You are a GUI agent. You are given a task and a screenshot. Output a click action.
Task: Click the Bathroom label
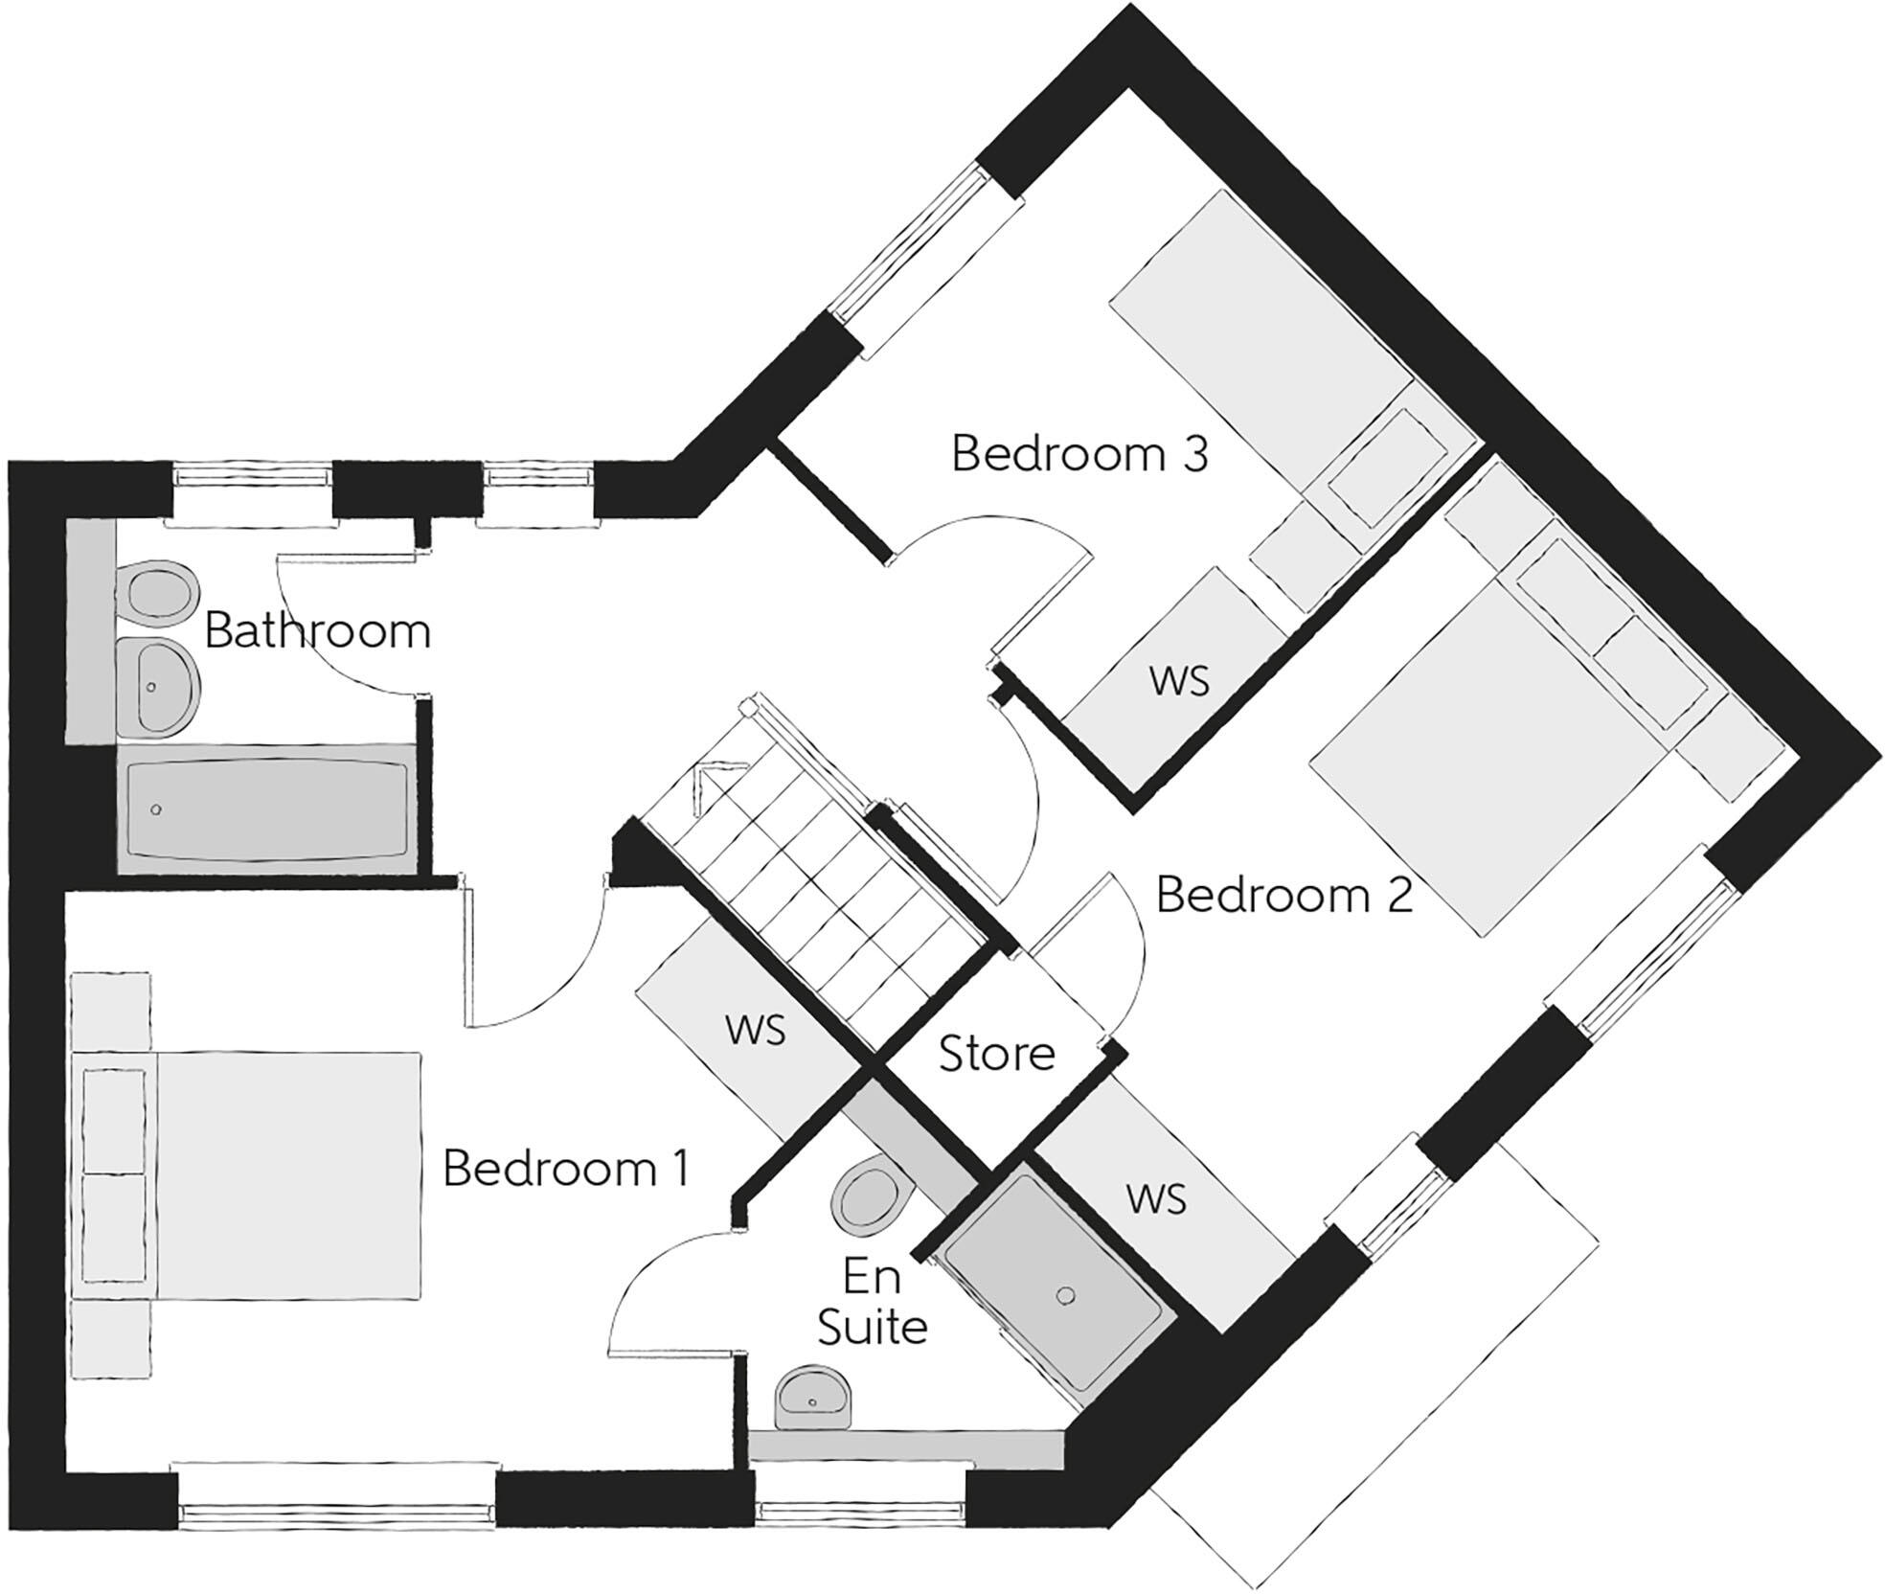tap(317, 632)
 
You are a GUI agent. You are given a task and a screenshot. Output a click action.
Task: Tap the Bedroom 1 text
tap(565, 1169)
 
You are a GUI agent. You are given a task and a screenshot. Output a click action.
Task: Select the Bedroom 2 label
tap(1283, 895)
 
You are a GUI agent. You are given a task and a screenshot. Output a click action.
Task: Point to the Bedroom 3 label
tap(1079, 454)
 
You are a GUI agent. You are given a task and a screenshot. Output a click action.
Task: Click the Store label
tap(996, 1054)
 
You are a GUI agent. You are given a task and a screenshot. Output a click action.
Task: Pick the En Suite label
tap(872, 1303)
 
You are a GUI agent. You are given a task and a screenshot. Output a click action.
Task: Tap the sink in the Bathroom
tap(159, 688)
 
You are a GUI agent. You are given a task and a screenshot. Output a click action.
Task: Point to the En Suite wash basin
tap(812, 1399)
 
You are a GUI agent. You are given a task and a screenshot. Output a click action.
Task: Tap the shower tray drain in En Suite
tap(1065, 1297)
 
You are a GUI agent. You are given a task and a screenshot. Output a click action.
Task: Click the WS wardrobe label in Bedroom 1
tap(756, 1030)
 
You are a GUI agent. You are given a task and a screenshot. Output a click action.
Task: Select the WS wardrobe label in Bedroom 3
tap(1179, 681)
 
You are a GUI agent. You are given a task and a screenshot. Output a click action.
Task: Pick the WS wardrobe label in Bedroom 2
tap(1156, 1198)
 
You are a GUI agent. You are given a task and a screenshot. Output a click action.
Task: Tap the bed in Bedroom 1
tap(287, 1176)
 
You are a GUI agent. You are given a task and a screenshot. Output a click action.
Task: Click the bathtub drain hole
tap(156, 810)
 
